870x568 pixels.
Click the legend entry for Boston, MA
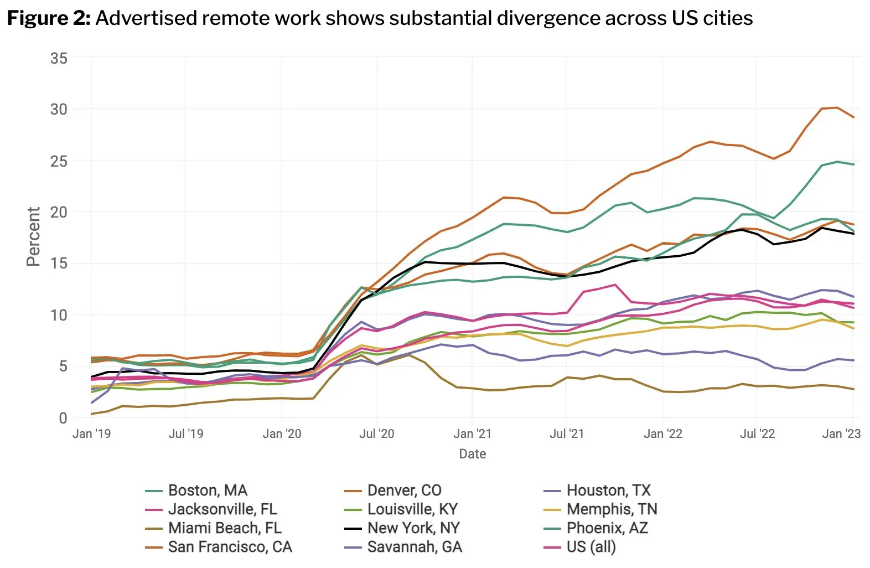[208, 490]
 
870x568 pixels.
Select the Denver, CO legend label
[404, 490]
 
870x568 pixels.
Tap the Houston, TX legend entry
[608, 490]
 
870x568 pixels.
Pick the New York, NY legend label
[413, 528]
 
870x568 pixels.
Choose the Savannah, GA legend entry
[414, 547]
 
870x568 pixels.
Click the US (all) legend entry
[591, 547]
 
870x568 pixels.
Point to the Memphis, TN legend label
[612, 509]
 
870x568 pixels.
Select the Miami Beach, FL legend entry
[225, 528]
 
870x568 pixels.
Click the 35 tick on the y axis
[59, 58]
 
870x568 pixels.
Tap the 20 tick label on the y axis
[59, 212]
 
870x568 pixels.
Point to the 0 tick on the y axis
[63, 418]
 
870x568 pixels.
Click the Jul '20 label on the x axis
[377, 433]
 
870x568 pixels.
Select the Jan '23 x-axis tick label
[841, 433]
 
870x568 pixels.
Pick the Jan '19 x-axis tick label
[91, 433]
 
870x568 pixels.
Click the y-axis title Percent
[33, 236]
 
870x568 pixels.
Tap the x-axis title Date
[472, 454]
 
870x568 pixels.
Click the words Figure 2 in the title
[48, 18]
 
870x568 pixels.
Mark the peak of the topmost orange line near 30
[837, 107]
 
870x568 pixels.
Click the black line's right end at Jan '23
[853, 234]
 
